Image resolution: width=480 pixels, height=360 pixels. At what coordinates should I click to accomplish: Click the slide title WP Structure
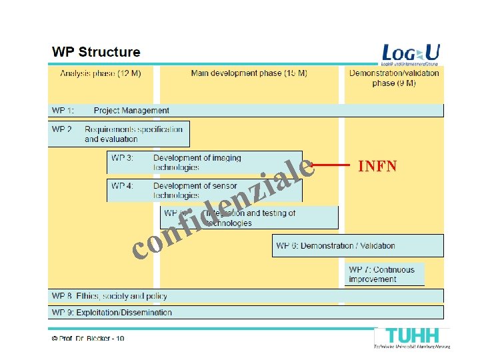click(x=96, y=51)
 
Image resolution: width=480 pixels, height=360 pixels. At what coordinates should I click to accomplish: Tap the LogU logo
click(x=411, y=54)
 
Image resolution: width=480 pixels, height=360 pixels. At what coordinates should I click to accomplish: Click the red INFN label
click(x=377, y=166)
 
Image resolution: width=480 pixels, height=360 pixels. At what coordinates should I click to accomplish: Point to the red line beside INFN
click(x=331, y=164)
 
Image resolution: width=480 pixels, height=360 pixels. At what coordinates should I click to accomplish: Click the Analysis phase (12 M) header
click(x=100, y=73)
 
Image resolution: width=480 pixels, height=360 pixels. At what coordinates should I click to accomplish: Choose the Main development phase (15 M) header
click(x=249, y=73)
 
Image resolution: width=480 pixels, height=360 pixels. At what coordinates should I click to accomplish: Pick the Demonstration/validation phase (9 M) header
click(x=394, y=78)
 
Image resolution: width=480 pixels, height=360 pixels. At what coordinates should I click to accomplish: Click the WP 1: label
click(x=63, y=111)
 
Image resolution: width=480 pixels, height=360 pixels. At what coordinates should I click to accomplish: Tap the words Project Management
click(x=131, y=111)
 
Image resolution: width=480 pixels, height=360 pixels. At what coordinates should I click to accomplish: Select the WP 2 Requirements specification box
click(x=119, y=134)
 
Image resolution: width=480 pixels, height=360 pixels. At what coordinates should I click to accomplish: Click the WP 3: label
click(x=122, y=159)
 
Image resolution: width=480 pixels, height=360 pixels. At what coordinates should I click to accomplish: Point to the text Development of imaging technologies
click(x=197, y=163)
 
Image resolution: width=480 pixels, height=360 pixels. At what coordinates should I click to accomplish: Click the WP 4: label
click(x=122, y=186)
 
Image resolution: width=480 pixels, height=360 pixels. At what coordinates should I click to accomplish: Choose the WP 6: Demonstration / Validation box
click(x=357, y=246)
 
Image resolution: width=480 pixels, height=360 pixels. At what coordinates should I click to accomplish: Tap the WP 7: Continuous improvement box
click(x=385, y=274)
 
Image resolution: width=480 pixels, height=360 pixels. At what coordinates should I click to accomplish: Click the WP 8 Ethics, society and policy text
click(x=109, y=296)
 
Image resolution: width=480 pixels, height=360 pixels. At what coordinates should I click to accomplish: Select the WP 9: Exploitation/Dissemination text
click(x=112, y=312)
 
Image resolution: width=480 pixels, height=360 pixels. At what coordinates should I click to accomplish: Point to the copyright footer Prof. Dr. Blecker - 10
click(x=87, y=339)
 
